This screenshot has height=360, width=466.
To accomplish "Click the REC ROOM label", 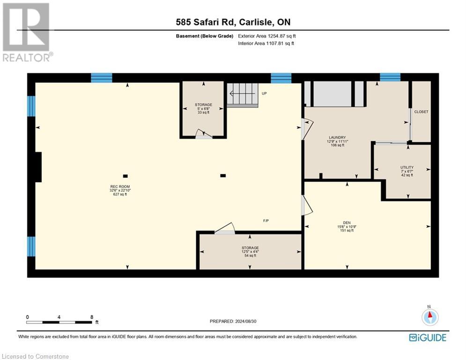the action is point(120,190).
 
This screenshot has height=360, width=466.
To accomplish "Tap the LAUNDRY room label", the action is point(337,141).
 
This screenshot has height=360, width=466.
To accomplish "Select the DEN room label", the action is point(347,226).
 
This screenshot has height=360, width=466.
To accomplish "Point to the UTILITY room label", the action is point(407,171).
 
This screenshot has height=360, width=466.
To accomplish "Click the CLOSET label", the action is point(421,112).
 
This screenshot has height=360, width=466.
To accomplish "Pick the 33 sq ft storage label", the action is point(204,109).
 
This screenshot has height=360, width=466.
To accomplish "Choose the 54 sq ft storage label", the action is point(250,252).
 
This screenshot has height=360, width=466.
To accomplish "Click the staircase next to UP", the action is point(243,95).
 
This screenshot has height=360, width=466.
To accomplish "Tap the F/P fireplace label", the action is point(266,221).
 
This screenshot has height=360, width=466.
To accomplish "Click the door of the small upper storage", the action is point(204,134).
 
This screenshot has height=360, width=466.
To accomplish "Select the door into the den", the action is point(307,205).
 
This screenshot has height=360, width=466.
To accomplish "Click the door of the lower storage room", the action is point(225,228).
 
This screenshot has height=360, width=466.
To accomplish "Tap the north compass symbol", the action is point(430,316).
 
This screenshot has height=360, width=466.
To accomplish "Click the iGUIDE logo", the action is point(428,337).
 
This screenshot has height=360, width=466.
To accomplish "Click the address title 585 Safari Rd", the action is point(233,22).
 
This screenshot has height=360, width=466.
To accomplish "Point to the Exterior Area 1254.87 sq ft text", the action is point(267,36).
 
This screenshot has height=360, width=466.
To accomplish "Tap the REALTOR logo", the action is point(27,32).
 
